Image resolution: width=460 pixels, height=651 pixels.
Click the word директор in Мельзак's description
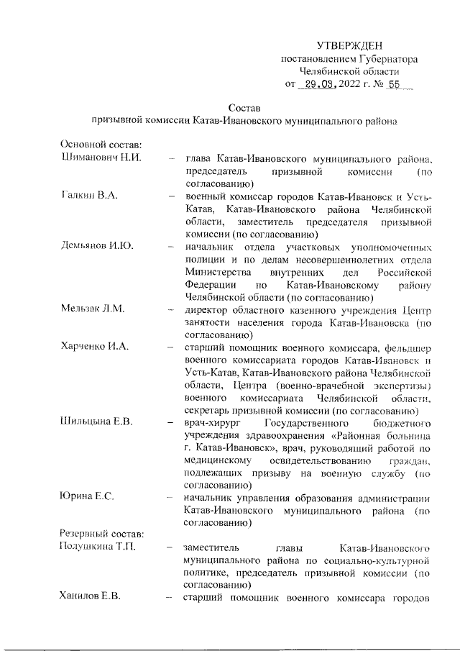[205, 309]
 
